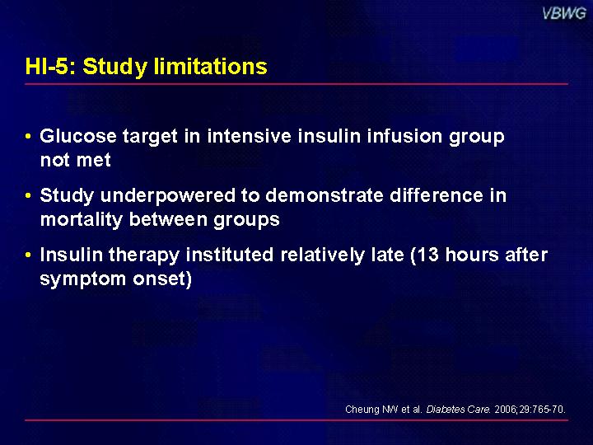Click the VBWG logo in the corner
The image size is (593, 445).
coord(564,14)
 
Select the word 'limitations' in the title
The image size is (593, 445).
coord(211,66)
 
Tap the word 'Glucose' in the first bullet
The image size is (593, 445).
coord(78,136)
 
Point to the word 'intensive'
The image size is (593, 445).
coord(250,136)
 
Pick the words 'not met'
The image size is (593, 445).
coord(75,160)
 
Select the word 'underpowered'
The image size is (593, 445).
coord(168,196)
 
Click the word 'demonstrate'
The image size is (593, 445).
coord(325,195)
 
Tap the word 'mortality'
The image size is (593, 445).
coord(82,220)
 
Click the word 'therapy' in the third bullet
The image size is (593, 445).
coord(144,255)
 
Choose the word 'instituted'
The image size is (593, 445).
coord(230,255)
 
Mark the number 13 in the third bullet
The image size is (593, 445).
coord(428,255)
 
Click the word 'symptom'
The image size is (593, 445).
coord(82,279)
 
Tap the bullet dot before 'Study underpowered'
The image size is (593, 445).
coord(28,195)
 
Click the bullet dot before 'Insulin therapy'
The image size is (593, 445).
coord(28,255)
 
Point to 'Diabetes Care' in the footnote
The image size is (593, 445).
coord(459,410)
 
